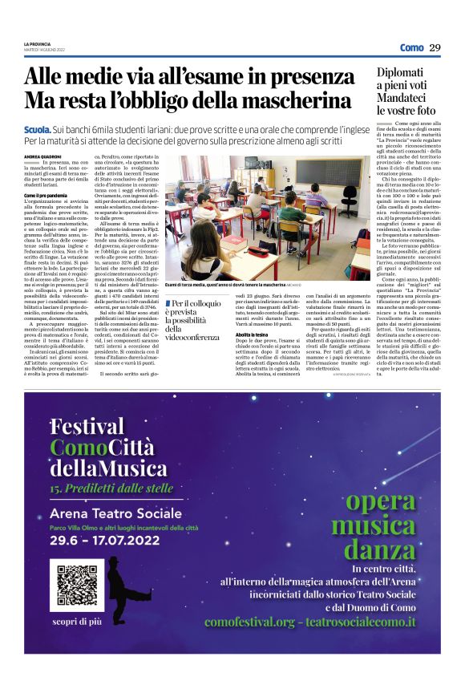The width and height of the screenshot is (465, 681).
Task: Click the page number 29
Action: point(435,47)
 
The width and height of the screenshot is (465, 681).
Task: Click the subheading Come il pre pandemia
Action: point(43,196)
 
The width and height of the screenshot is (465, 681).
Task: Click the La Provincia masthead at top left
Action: point(35,43)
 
